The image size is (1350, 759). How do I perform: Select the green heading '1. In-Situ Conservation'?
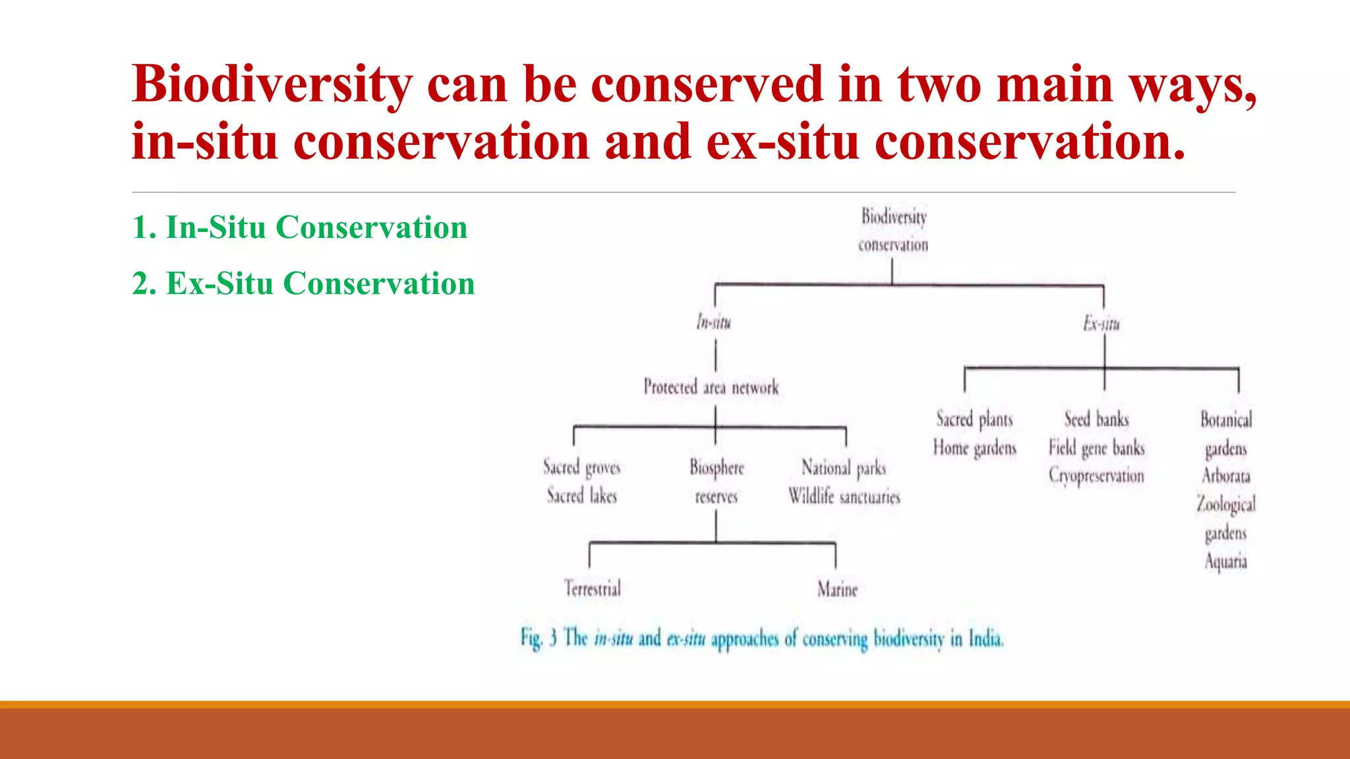pos(300,228)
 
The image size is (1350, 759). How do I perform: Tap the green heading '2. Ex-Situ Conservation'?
pos(303,284)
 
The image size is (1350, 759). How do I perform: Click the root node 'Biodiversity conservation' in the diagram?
pos(893,230)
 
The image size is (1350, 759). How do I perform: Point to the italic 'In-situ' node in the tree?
pos(714,322)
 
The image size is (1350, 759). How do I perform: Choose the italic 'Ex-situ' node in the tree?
pos(1101,323)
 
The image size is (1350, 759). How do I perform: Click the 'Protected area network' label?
pos(711,387)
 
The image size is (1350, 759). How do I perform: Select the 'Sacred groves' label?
pos(581,467)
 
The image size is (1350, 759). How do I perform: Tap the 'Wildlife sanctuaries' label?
pos(844,496)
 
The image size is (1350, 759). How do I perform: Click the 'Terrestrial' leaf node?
pos(592,588)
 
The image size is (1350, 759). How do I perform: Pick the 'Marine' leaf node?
pos(837,589)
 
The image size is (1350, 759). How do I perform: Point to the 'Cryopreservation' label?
pos(1096,476)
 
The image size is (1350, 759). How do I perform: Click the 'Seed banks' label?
pos(1096,419)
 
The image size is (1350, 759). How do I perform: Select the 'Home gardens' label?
pos(974,448)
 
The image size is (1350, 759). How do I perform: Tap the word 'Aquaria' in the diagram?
pos(1225,561)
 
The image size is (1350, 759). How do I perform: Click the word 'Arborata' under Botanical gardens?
pos(1225,476)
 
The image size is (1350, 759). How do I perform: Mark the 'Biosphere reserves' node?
pos(717,482)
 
